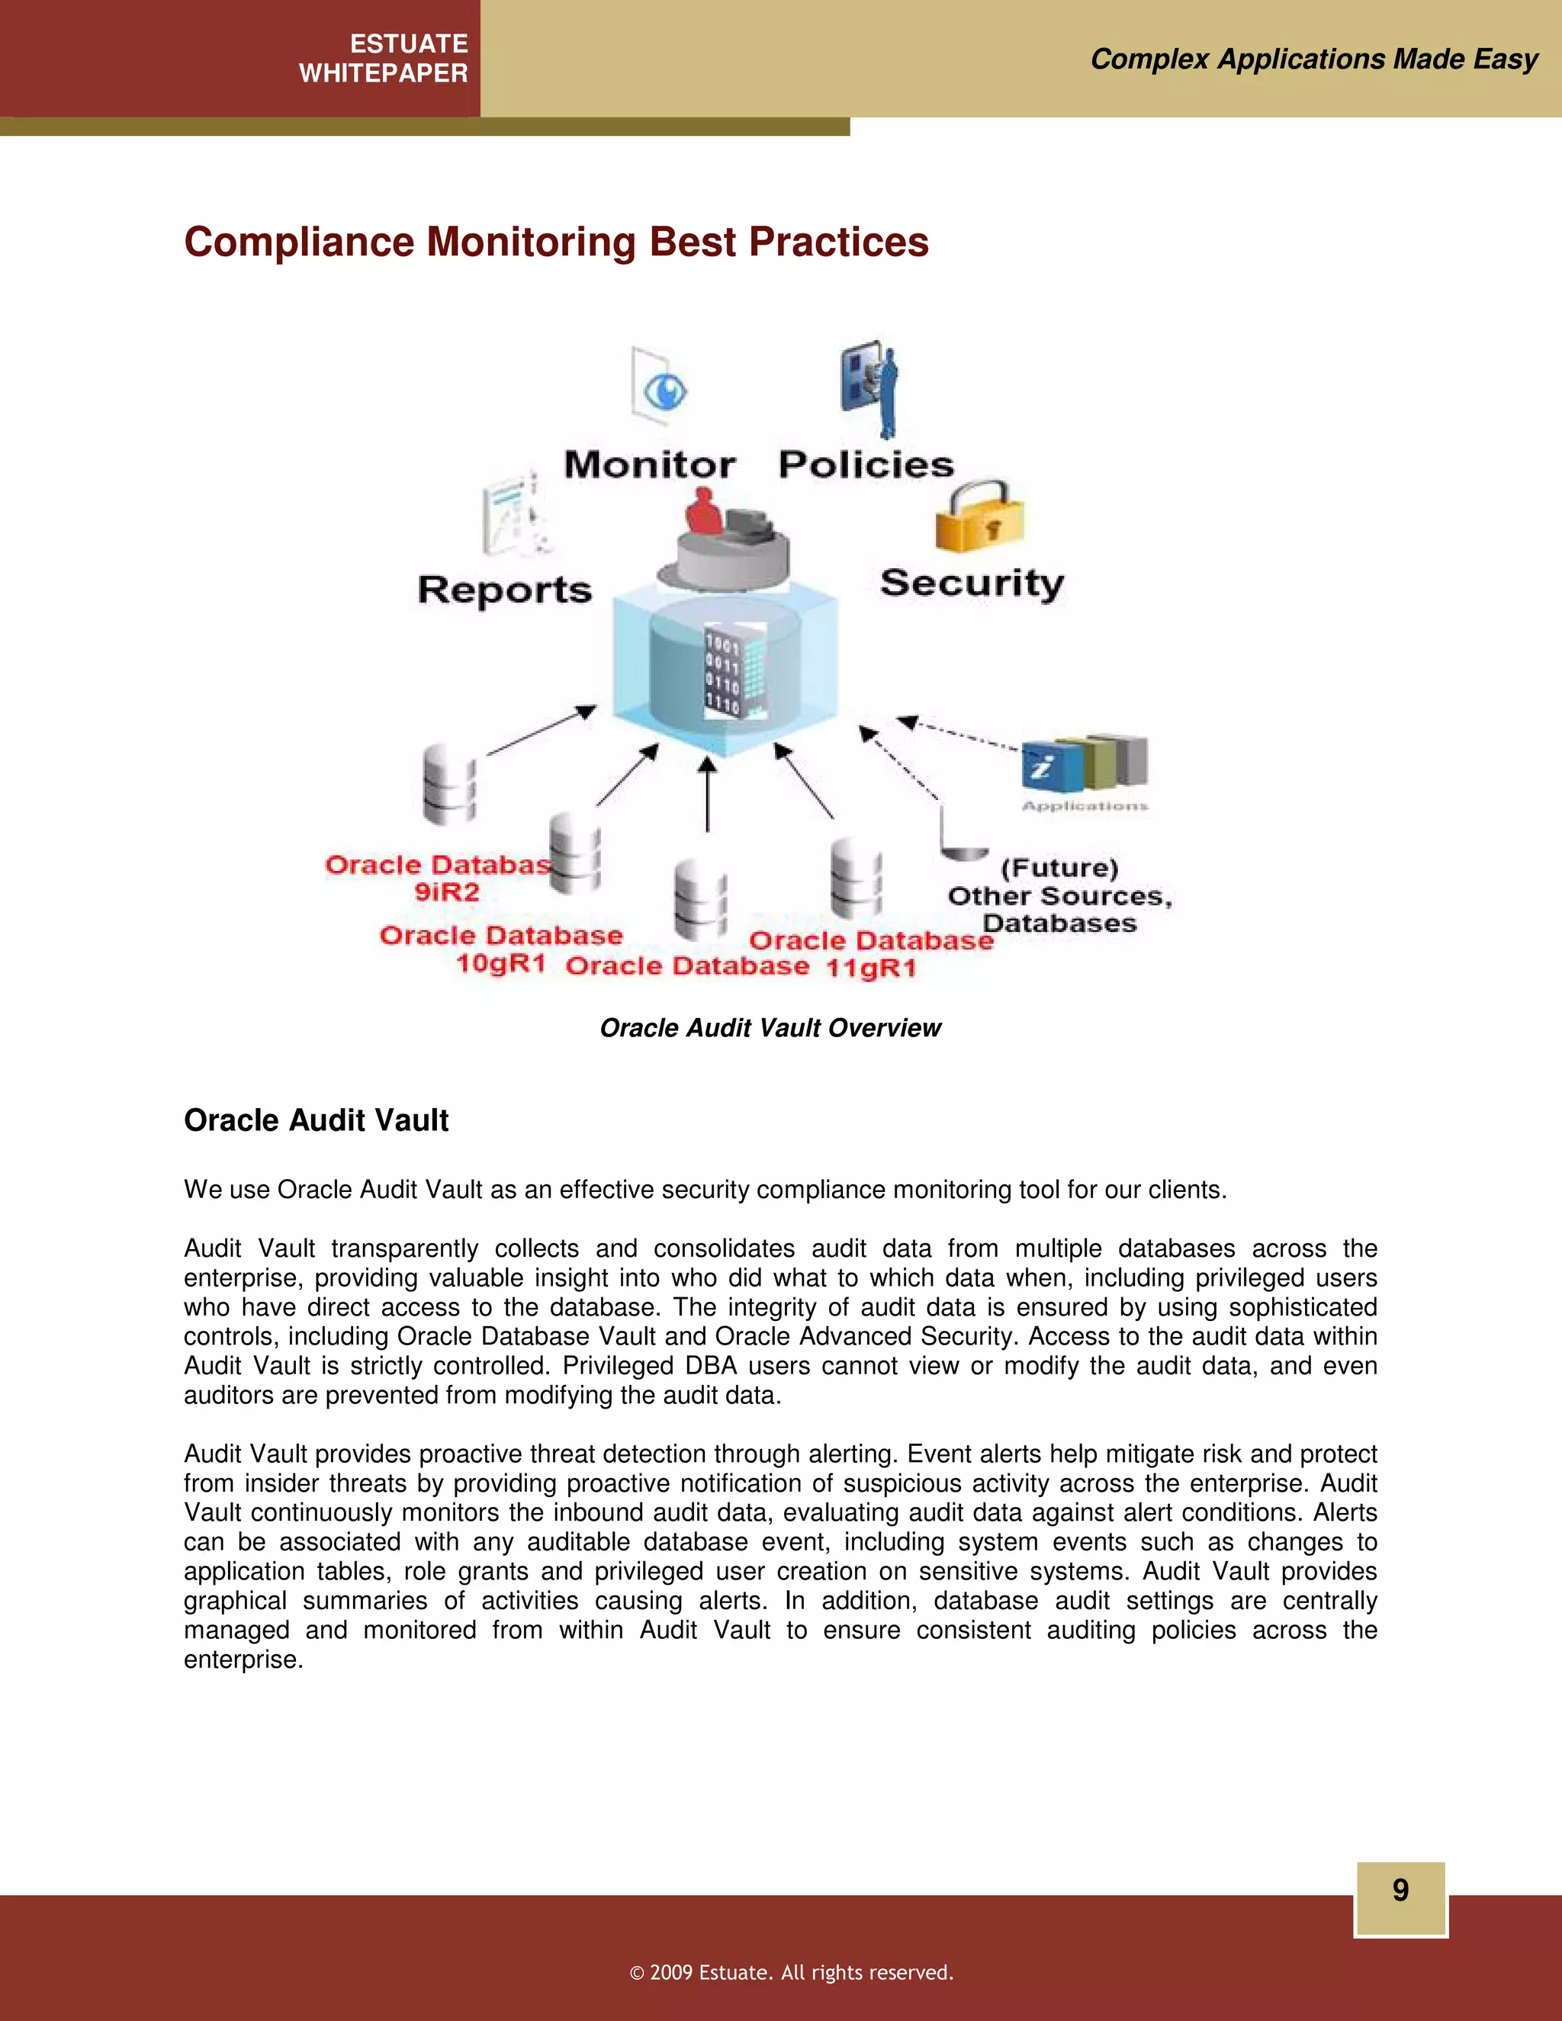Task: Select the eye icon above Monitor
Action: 663,390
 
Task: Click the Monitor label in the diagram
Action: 650,464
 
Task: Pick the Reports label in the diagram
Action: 504,590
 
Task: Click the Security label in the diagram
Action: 972,583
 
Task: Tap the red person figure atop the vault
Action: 703,513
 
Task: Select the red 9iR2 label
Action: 447,892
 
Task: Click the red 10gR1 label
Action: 500,963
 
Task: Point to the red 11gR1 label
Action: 871,968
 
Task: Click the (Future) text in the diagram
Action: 1059,868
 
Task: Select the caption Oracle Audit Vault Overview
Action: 770,1028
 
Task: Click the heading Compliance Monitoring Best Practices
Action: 556,243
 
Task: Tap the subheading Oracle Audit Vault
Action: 316,1120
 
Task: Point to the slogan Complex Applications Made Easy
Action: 1314,59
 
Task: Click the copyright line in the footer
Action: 791,1972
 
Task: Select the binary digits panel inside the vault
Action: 723,673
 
